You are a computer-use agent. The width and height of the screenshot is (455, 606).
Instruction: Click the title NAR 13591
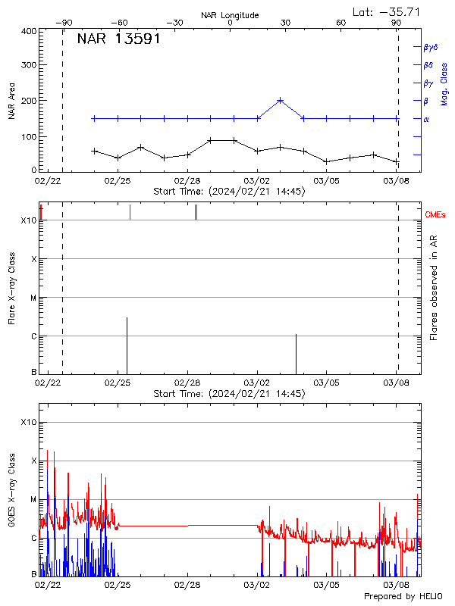click(x=118, y=39)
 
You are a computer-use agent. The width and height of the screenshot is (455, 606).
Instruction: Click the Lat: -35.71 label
click(x=387, y=11)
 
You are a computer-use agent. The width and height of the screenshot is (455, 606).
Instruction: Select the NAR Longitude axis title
click(x=230, y=15)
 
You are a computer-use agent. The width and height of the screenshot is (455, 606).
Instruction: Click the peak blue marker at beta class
click(x=281, y=100)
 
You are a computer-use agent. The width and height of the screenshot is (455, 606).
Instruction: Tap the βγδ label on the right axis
click(x=429, y=47)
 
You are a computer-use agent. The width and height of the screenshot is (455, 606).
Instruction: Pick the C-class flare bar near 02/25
click(x=127, y=345)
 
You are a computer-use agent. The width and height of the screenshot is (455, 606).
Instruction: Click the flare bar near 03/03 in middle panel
click(x=296, y=353)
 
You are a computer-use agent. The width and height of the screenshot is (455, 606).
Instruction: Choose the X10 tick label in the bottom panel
click(x=30, y=422)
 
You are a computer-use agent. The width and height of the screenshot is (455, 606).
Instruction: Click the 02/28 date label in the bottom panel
click(x=187, y=586)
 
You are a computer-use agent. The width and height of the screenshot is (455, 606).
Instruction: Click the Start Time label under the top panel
click(x=229, y=192)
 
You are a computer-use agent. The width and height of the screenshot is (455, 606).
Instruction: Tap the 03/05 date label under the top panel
click(x=326, y=182)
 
